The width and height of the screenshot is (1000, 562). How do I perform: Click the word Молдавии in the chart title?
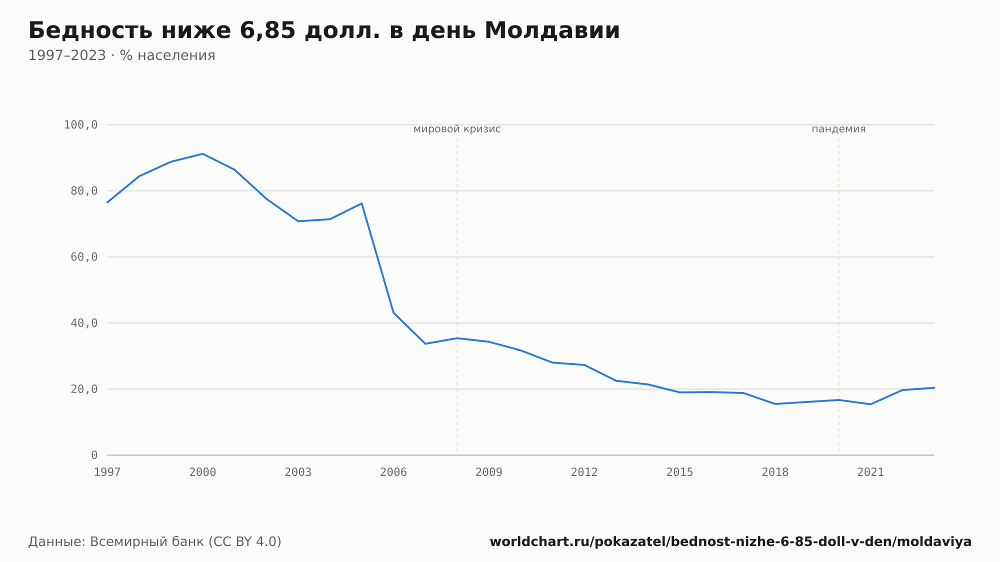(552, 31)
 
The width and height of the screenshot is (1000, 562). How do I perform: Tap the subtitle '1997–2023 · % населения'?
(121, 55)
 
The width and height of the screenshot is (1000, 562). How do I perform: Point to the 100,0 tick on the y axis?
(80, 125)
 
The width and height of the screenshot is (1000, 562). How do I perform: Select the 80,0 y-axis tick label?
(84, 191)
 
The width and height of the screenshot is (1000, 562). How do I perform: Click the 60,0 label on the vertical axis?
(84, 257)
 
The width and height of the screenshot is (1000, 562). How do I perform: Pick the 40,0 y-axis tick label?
(84, 323)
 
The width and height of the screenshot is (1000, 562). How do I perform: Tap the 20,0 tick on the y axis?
(84, 389)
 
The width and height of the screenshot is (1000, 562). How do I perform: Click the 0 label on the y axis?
(94, 455)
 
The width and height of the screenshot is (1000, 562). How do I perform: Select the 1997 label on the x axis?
(107, 472)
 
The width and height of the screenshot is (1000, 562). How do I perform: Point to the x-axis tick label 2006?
(393, 472)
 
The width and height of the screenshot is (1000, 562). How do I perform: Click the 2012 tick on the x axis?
(584, 472)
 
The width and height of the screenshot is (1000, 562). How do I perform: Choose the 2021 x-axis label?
(870, 472)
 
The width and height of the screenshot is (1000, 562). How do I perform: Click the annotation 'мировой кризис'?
(457, 129)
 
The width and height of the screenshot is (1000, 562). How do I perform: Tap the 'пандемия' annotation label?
(838, 129)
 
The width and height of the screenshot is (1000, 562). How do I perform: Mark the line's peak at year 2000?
(202, 154)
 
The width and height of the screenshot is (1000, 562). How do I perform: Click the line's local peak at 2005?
(361, 203)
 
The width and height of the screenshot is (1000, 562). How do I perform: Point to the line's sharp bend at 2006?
(393, 312)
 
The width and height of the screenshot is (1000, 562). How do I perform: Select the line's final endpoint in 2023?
(933, 387)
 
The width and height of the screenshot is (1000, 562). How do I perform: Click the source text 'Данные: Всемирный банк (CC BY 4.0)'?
(155, 542)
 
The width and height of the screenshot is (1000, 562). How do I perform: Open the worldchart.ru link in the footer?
(730, 542)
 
